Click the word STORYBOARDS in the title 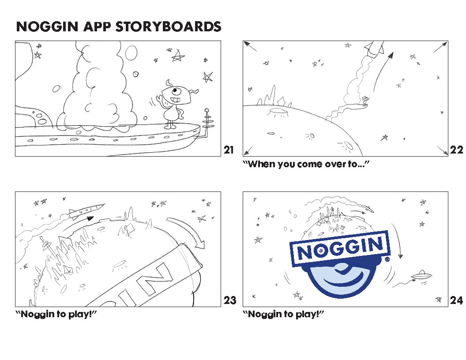(x=168, y=27)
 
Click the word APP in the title (x=97, y=27)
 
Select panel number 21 (x=229, y=150)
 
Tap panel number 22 (x=456, y=150)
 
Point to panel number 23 (x=230, y=300)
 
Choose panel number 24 (x=456, y=300)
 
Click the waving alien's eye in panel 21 (x=176, y=90)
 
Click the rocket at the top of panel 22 (x=375, y=48)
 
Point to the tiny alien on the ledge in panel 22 (x=365, y=101)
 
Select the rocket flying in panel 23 (x=86, y=210)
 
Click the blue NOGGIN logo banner (x=340, y=248)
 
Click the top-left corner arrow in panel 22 (x=250, y=46)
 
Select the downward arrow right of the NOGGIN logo (x=397, y=240)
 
